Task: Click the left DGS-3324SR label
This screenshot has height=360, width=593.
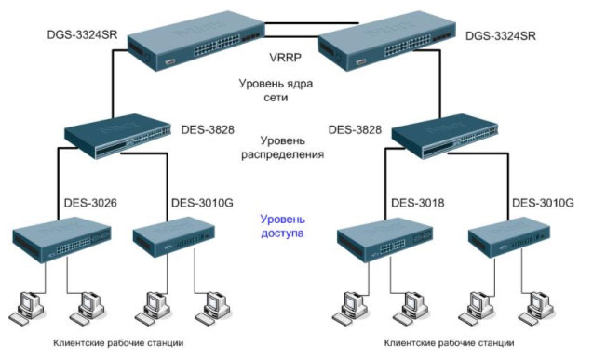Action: pyautogui.click(x=82, y=35)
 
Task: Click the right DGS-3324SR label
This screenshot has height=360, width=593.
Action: pyautogui.click(x=500, y=36)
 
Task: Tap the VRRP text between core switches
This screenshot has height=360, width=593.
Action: pyautogui.click(x=285, y=58)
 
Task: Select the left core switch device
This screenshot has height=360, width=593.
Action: pyautogui.click(x=195, y=40)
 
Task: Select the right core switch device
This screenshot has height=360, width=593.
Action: pyautogui.click(x=387, y=40)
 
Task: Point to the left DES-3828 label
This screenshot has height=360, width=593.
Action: pyautogui.click(x=208, y=129)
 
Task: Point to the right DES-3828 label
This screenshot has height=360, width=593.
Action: pyautogui.click(x=355, y=129)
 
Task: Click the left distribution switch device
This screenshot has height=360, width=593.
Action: pyautogui.click(x=117, y=136)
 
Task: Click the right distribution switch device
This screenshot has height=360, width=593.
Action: pyautogui.click(x=445, y=136)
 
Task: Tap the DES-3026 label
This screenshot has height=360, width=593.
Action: pyautogui.click(x=90, y=203)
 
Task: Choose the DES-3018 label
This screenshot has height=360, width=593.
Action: pyautogui.click(x=417, y=203)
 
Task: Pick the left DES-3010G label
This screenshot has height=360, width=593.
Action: pyautogui.click(x=202, y=203)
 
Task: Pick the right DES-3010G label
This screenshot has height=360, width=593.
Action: pyautogui.click(x=543, y=203)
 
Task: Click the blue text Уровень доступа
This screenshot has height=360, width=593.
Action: pyautogui.click(x=282, y=226)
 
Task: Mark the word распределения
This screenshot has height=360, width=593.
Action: pyautogui.click(x=282, y=154)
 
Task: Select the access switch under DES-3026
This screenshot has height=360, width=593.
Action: pyautogui.click(x=62, y=239)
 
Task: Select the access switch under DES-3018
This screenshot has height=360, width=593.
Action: pyautogui.click(x=385, y=239)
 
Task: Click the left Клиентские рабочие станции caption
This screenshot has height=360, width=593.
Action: pyautogui.click(x=118, y=343)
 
